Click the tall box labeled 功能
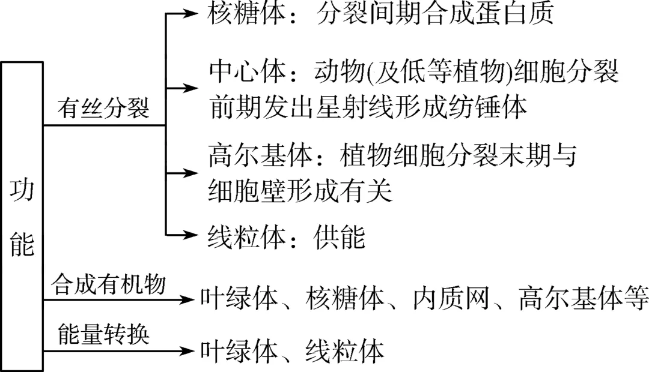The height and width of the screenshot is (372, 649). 22,216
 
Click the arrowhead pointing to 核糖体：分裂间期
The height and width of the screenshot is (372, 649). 192,13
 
